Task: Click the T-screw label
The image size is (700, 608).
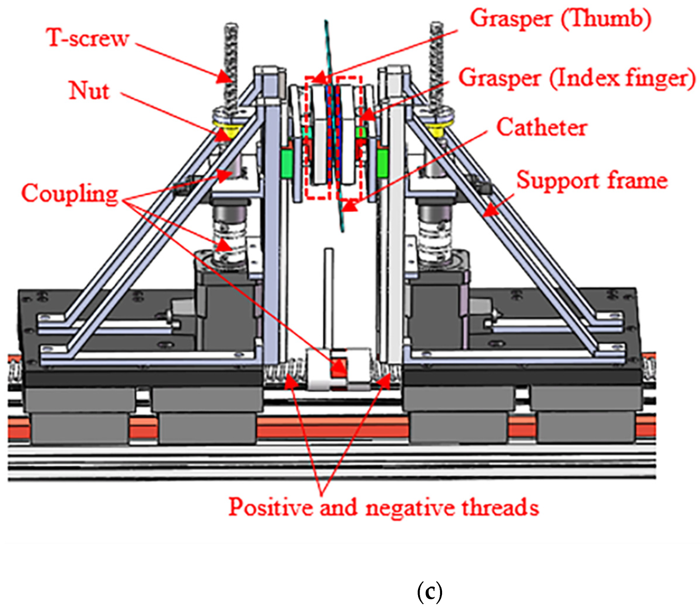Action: pyautogui.click(x=88, y=38)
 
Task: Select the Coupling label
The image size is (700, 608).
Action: pyautogui.click(x=70, y=193)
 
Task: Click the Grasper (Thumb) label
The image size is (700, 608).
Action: pyautogui.click(x=560, y=19)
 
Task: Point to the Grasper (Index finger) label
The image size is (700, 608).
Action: pyautogui.click(x=577, y=78)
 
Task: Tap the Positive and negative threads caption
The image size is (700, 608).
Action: pyautogui.click(x=383, y=507)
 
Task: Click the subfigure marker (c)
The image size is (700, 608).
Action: pyautogui.click(x=429, y=591)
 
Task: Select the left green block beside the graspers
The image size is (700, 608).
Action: pyautogui.click(x=287, y=164)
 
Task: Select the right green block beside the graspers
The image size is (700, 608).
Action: pyautogui.click(x=382, y=164)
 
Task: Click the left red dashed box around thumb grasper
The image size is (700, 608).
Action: pyautogui.click(x=318, y=137)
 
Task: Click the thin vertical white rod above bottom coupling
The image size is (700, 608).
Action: pyautogui.click(x=328, y=299)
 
